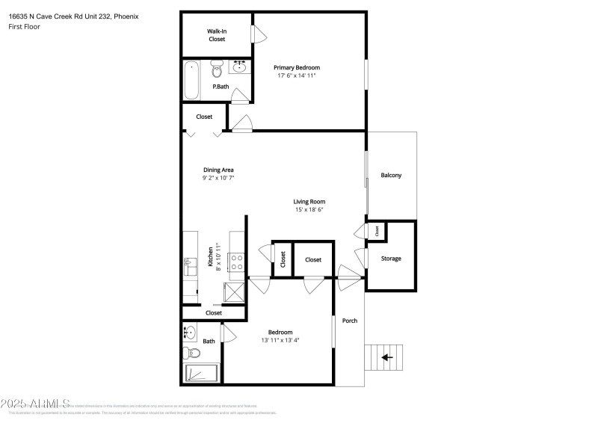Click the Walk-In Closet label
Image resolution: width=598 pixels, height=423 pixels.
[217, 35]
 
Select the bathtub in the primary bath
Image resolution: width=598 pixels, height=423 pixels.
[191, 80]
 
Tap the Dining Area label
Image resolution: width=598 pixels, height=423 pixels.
[218, 170]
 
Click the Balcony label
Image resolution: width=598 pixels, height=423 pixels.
[391, 176]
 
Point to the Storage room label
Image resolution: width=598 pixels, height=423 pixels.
[391, 259]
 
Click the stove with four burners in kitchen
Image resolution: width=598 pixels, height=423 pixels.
[237, 262]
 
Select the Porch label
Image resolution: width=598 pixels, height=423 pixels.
[350, 321]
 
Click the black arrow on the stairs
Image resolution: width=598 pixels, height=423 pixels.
[387, 357]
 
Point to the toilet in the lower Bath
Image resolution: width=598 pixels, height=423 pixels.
[189, 353]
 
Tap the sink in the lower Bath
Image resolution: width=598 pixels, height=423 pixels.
[189, 331]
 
